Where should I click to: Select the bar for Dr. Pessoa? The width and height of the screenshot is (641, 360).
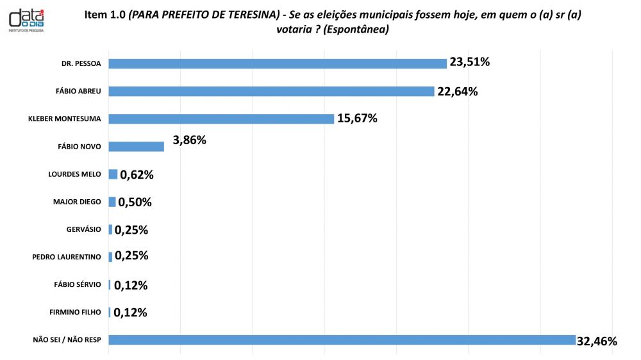[x=278, y=63]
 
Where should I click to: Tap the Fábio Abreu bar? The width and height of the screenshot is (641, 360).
[x=271, y=91]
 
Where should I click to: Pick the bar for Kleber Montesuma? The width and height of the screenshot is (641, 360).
[x=221, y=119]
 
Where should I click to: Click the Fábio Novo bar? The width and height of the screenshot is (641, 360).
[x=137, y=146]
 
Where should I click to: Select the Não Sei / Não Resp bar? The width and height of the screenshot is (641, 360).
[x=342, y=340]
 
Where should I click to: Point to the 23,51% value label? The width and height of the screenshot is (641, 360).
[x=470, y=62]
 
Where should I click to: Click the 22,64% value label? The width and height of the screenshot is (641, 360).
[x=458, y=91]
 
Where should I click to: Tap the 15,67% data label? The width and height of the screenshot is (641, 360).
[x=357, y=118]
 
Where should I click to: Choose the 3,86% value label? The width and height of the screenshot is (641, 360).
[x=190, y=139]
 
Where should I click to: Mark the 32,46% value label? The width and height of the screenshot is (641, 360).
[x=597, y=341]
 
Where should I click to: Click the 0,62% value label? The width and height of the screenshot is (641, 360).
[x=137, y=174]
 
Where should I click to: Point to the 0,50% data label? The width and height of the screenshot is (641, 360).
[x=135, y=202]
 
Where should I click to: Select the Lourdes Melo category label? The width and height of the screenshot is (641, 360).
[x=74, y=174]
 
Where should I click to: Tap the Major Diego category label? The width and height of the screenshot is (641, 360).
[x=77, y=202]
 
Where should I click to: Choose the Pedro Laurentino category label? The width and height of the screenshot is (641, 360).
[x=67, y=257]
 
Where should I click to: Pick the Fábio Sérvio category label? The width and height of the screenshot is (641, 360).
[x=78, y=284]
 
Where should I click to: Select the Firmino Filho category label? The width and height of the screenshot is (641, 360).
[x=75, y=313]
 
